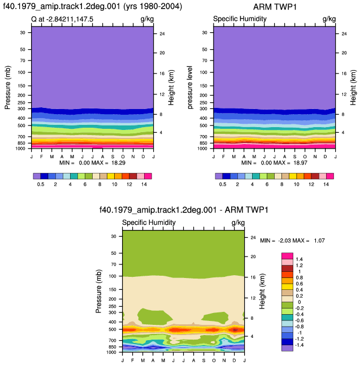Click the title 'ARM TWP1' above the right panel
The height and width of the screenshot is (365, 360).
click(x=275, y=7)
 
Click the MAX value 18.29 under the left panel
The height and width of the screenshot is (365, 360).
click(x=118, y=163)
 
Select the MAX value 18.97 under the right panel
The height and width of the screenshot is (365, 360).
click(x=301, y=163)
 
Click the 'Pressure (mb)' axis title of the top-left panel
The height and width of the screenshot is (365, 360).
click(x=7, y=88)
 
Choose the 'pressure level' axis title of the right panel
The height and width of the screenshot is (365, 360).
click(x=190, y=87)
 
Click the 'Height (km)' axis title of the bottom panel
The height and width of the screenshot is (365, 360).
click(x=262, y=291)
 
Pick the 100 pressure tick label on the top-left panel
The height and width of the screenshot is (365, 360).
click(x=21, y=72)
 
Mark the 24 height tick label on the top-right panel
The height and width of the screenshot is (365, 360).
click(x=344, y=34)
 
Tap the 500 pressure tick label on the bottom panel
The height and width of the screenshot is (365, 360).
click(x=112, y=329)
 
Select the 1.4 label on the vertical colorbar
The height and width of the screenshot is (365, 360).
click(x=299, y=259)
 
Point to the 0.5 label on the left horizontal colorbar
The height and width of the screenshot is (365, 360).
click(x=41, y=184)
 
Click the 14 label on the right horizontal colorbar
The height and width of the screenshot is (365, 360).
click(x=326, y=184)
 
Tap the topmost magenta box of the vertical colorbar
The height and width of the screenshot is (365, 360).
click(x=287, y=256)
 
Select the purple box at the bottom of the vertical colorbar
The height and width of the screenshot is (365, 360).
click(x=287, y=348)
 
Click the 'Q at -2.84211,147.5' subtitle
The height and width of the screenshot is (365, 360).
click(x=62, y=19)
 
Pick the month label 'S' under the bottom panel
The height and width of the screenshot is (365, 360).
click(x=204, y=360)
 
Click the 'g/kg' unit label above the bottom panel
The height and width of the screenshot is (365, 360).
click(x=238, y=223)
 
